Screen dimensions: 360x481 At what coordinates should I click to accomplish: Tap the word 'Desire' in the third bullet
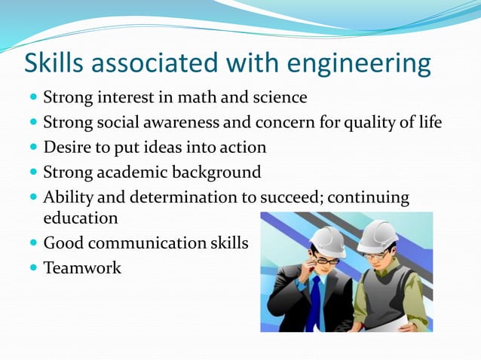click(68, 147)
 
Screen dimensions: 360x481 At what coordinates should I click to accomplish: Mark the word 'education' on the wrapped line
click(81, 218)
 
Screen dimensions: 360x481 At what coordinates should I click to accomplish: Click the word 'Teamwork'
click(82, 267)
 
